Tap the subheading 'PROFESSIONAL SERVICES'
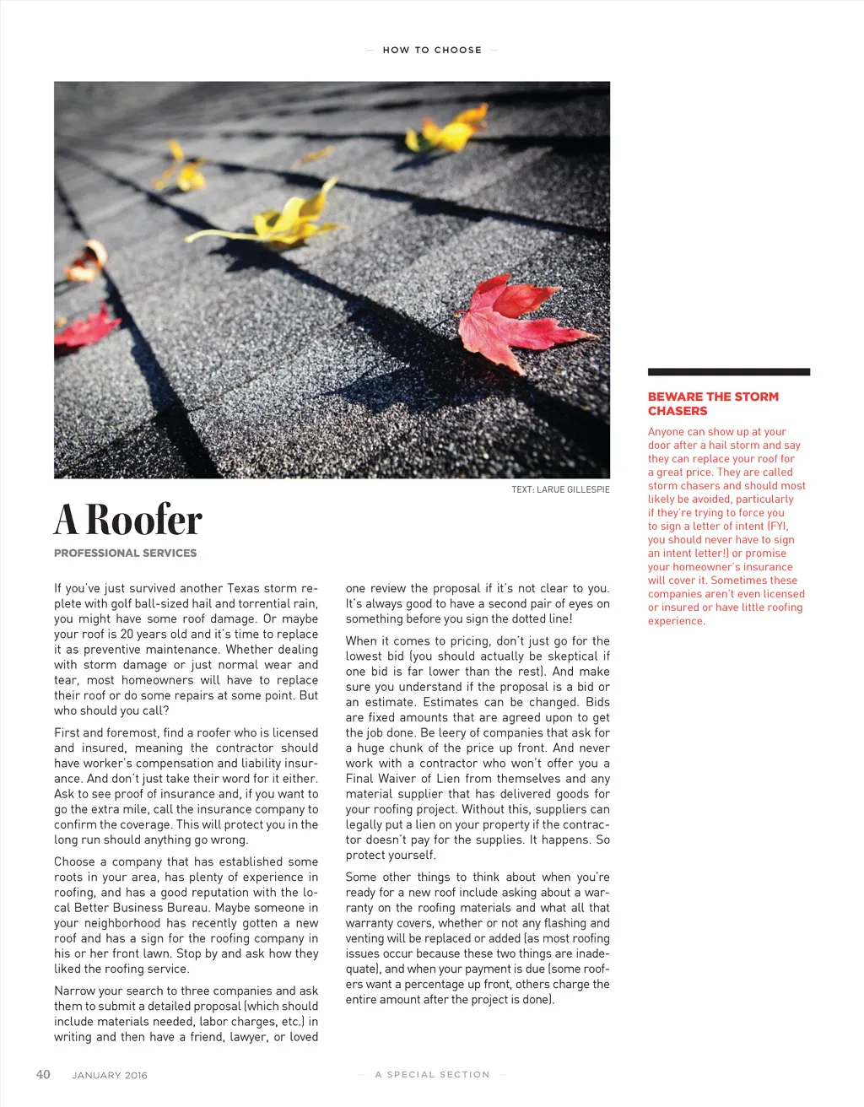coord(125,553)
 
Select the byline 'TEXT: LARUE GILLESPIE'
coord(560,489)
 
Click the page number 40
coord(43,1074)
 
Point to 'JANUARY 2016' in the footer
coord(110,1075)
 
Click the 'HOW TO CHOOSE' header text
coord(432,50)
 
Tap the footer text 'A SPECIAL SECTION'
coord(432,1075)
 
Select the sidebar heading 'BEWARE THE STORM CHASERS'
coord(713,403)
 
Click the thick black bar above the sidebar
coord(728,372)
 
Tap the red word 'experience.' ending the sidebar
coord(676,621)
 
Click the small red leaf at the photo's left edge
coord(84,328)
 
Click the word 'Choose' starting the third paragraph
coord(74,861)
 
